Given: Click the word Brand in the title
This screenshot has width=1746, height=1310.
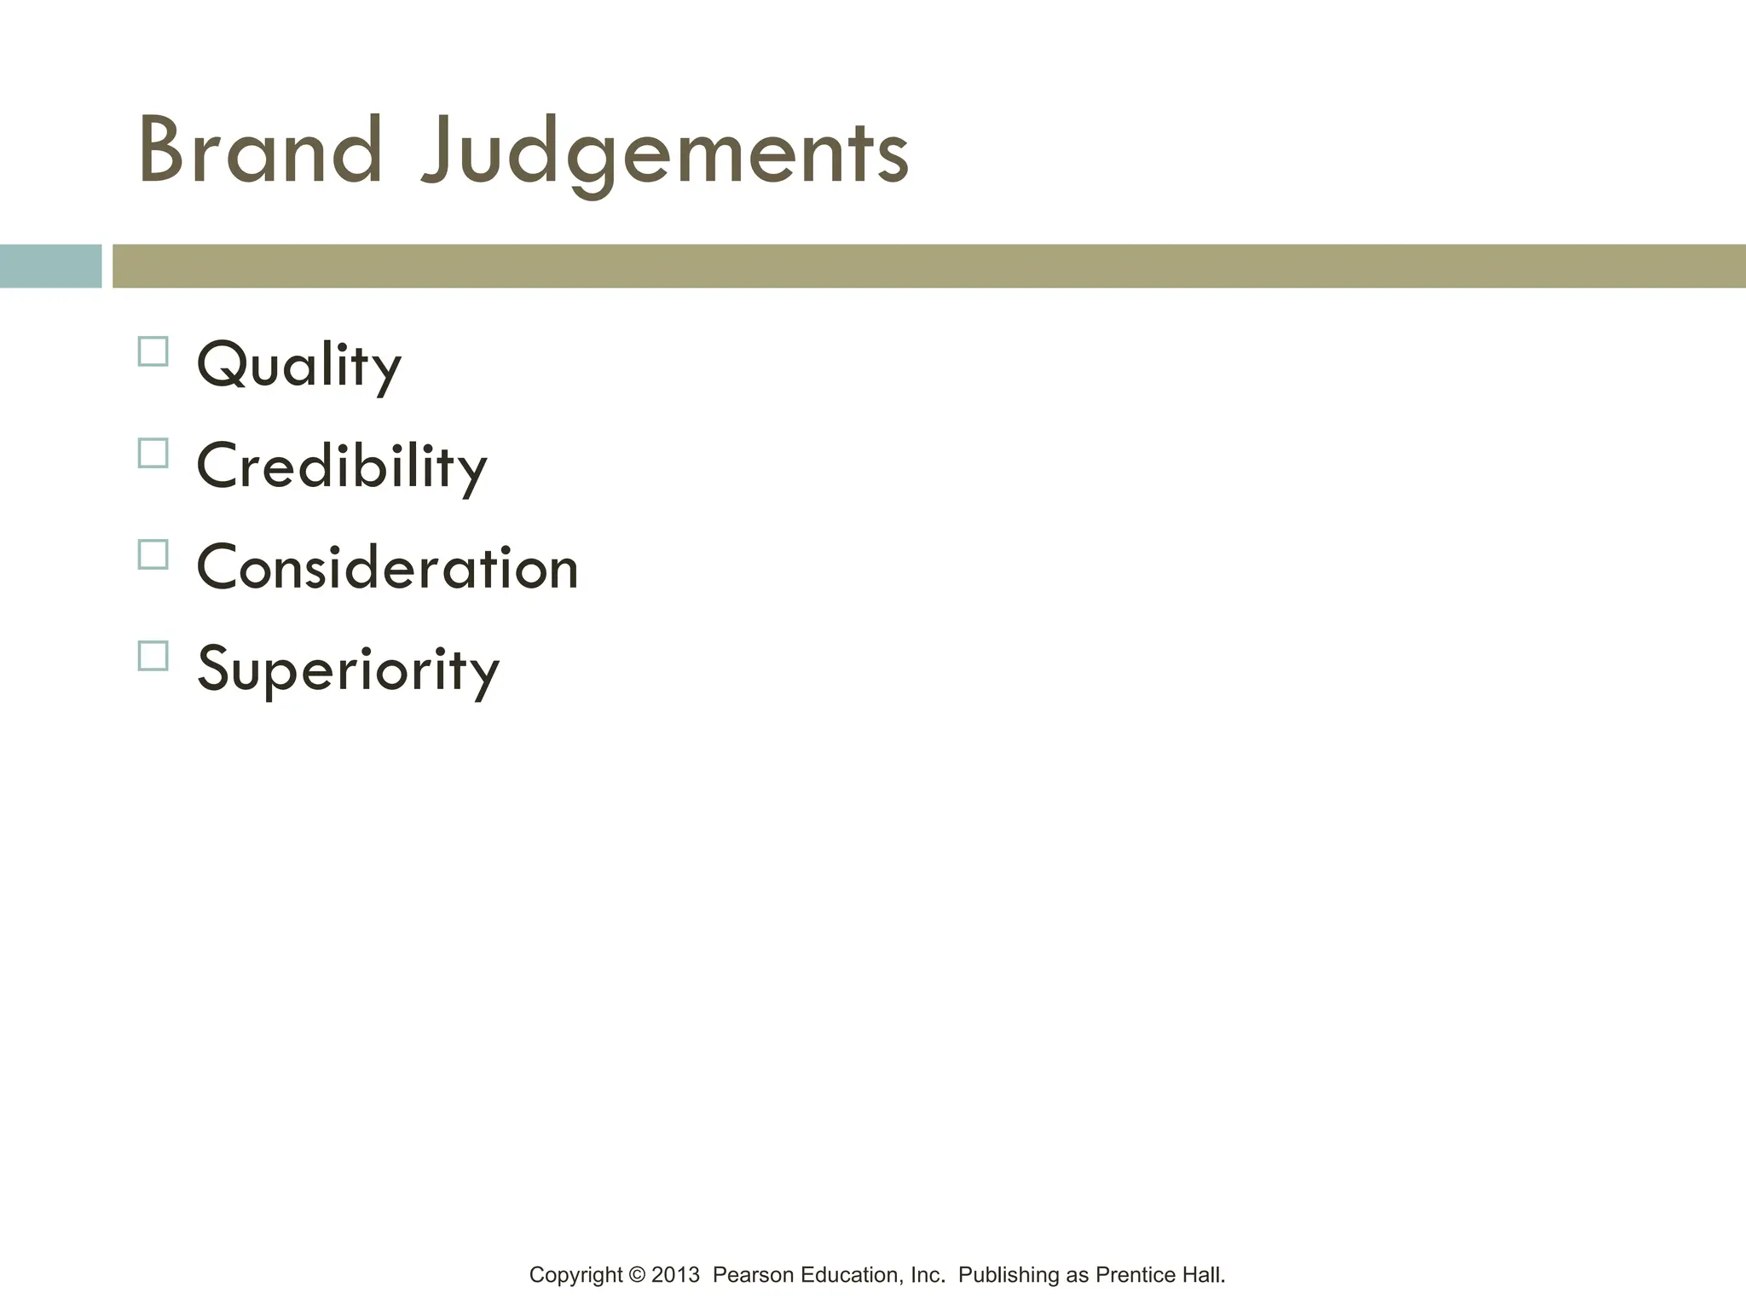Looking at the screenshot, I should [x=260, y=151].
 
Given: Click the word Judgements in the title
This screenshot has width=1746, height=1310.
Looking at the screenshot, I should [x=665, y=154].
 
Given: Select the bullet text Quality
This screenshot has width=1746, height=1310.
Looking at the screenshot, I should [x=298, y=365].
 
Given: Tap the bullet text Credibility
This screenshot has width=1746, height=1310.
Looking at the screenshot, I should [x=341, y=467].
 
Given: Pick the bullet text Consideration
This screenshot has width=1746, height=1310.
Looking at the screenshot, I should [x=387, y=568].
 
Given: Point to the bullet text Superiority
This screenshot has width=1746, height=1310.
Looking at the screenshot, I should [x=348, y=669].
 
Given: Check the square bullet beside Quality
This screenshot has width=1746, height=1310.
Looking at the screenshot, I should [x=153, y=351].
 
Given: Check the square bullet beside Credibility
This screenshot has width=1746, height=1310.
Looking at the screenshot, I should [x=153, y=453].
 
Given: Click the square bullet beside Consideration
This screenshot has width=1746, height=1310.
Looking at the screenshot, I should [x=153, y=554].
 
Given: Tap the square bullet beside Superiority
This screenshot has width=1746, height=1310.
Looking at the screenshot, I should [x=153, y=656].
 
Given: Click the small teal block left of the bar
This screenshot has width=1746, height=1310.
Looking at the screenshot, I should [x=50, y=266].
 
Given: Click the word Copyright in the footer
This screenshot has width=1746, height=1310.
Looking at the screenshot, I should [x=575, y=1276].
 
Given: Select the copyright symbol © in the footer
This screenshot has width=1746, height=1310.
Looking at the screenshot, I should [x=637, y=1275].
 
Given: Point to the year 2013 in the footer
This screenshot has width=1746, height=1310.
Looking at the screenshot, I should [x=675, y=1275].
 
